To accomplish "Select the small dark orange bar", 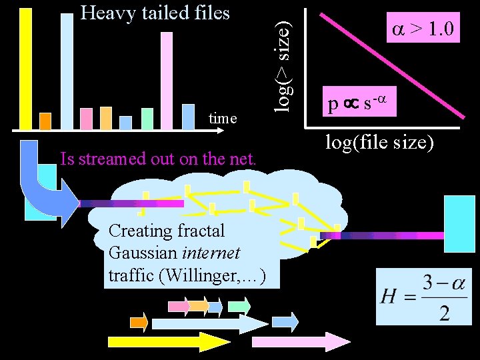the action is point(45,121).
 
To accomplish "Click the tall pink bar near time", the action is point(167,80).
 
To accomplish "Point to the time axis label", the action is point(223,119).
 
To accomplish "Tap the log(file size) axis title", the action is point(379,142).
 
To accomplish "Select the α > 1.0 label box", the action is point(423,29).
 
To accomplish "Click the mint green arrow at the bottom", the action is point(238,306).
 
